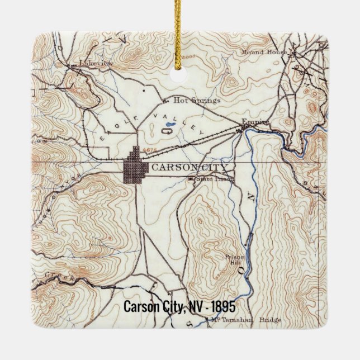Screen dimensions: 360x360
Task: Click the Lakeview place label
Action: click(96, 64)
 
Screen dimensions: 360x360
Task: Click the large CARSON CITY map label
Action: click(190, 167)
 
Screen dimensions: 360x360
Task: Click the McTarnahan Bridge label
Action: click(246, 320)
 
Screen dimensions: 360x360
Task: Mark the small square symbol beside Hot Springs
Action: click(165, 101)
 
